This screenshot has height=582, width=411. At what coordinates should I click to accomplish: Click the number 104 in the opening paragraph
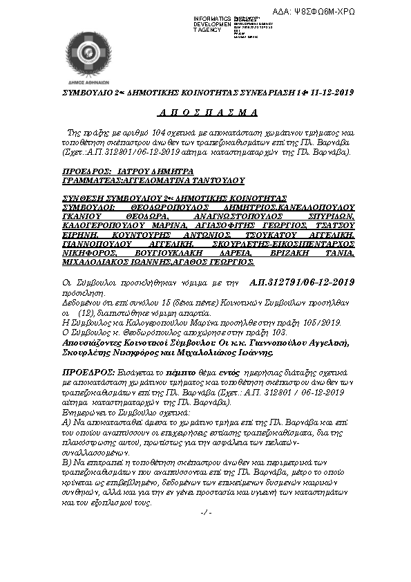point(161,131)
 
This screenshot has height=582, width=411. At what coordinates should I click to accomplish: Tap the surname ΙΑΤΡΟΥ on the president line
point(135,171)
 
